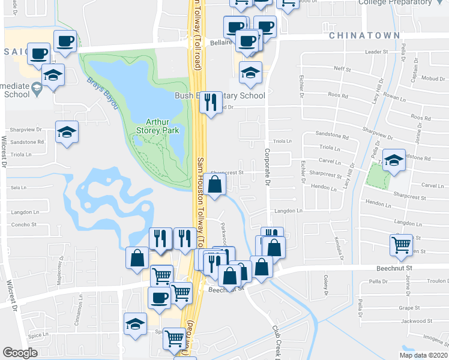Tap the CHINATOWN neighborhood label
[x=364, y=36]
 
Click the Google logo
[x=20, y=353]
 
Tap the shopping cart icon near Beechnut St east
[x=400, y=245]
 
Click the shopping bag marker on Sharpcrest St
[x=214, y=184]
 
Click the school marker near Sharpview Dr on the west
[x=67, y=131]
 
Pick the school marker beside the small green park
[x=394, y=160]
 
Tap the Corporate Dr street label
[x=265, y=162]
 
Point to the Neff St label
[x=342, y=69]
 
